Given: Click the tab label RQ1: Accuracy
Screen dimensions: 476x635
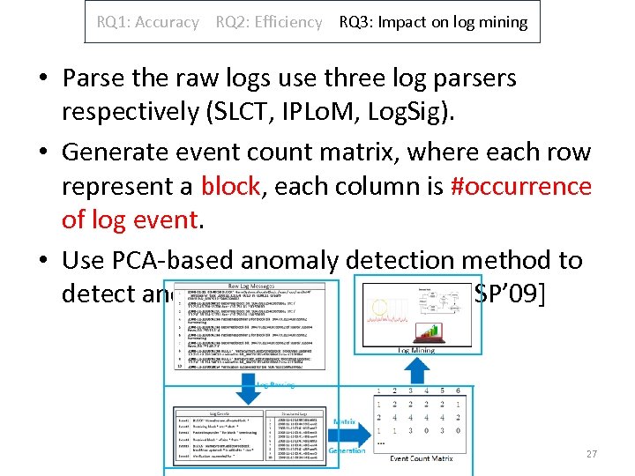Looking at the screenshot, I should click(148, 22).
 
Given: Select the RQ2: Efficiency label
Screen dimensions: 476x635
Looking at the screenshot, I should click(269, 22).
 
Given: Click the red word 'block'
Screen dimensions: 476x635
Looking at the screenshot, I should click(230, 187).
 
